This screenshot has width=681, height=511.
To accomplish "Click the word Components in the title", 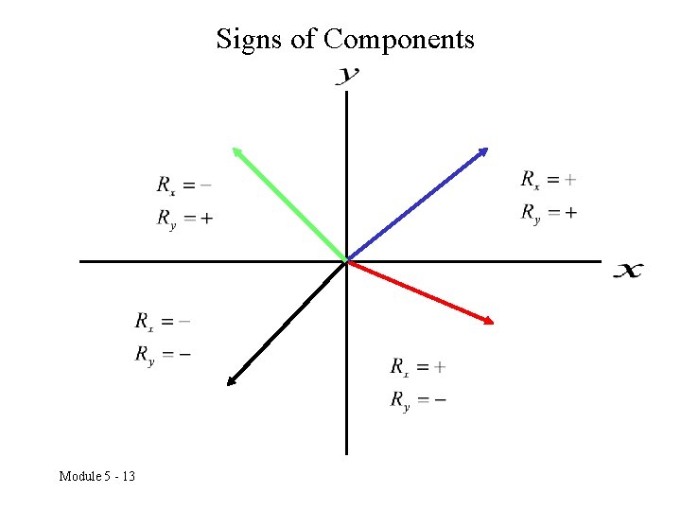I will click(x=398, y=40).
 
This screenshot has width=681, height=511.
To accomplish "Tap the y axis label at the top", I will click(x=347, y=76).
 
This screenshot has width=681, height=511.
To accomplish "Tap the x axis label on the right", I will click(x=628, y=271).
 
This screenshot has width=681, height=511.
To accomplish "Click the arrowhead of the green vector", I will click(x=236, y=150).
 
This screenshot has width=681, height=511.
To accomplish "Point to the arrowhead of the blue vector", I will click(x=483, y=151).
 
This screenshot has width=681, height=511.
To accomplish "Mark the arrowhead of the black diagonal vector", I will click(x=231, y=381).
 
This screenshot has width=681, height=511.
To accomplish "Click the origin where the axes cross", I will click(x=347, y=261).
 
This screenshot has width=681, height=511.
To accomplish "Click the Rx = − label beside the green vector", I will click(x=184, y=185).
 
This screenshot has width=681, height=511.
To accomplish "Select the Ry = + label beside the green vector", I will click(x=184, y=219).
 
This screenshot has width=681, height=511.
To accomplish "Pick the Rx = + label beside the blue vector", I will click(x=549, y=179).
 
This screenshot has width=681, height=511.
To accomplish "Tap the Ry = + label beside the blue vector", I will click(x=549, y=213).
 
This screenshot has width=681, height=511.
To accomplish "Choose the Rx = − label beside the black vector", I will click(x=163, y=322).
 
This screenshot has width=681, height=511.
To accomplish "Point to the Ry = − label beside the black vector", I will click(x=163, y=355).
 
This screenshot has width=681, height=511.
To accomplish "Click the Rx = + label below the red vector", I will click(x=418, y=367).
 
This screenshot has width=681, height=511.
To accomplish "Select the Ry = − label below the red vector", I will click(x=418, y=400).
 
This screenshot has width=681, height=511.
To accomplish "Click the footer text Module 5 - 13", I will click(x=96, y=475).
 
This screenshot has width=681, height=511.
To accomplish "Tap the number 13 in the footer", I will click(x=127, y=475).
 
